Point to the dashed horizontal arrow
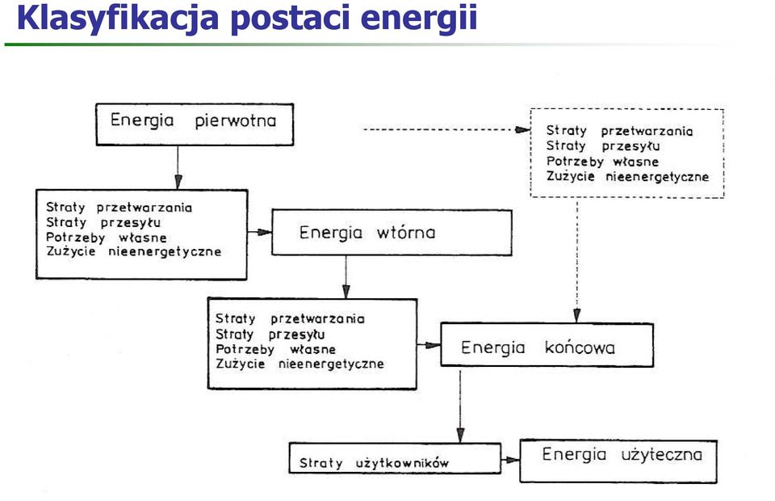[446, 129]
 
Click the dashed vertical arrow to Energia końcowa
[576, 261]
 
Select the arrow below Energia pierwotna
[178, 167]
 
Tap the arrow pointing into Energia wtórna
[259, 232]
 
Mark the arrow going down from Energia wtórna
[346, 277]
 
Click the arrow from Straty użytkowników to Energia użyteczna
[510, 460]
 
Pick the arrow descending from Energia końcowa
[460, 406]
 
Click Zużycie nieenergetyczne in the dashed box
[627, 176]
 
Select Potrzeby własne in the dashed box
[602, 162]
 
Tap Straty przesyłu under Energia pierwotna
[103, 222]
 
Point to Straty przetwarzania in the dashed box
[619, 131]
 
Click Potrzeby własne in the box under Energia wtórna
[275, 350]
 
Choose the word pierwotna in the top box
[235, 121]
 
